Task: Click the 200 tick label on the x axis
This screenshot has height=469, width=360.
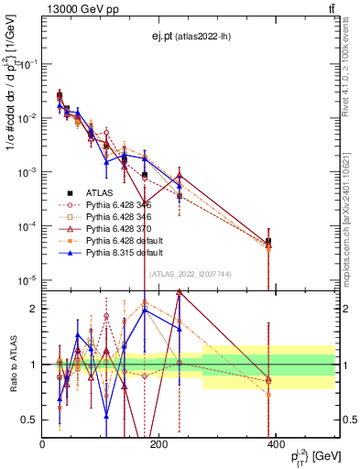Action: tap(158, 444)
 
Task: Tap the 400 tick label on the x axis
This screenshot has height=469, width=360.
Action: tap(275, 444)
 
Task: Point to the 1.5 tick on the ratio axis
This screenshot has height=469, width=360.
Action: tap(33, 336)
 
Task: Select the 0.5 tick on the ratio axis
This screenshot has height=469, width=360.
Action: tap(33, 420)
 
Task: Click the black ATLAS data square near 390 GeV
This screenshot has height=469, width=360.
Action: tap(268, 241)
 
